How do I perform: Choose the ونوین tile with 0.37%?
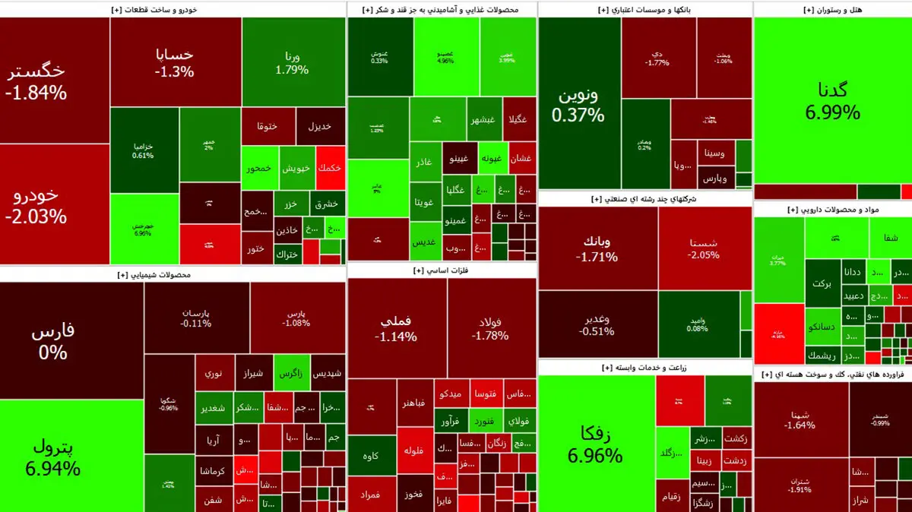pyautogui.click(x=578, y=105)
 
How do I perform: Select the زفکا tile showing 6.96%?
pyautogui.click(x=595, y=444)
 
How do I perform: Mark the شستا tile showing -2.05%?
pyautogui.click(x=705, y=248)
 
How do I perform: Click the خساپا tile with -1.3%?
pyautogui.click(x=176, y=63)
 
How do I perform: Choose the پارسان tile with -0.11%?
pyautogui.click(x=196, y=318)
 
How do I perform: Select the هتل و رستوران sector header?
pyautogui.click(x=832, y=9)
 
